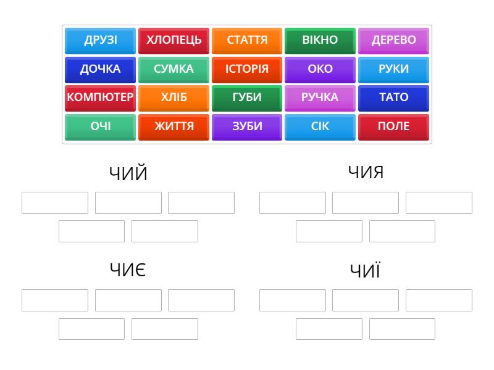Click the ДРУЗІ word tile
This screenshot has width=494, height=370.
point(100,41)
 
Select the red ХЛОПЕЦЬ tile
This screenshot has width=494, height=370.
point(174,41)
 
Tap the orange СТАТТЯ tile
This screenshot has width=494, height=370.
point(247,41)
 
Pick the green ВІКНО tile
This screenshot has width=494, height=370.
point(320,41)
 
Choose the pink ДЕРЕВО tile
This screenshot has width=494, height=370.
point(393,41)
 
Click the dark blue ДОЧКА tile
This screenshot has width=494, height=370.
point(100,70)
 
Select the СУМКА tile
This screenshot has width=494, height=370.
point(174,70)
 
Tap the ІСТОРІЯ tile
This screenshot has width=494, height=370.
point(247,70)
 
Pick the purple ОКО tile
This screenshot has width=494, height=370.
point(320,70)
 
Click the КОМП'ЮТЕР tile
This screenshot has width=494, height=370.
point(100,98)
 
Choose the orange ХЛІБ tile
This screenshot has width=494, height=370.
point(174,98)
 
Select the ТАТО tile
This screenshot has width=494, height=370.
point(393,98)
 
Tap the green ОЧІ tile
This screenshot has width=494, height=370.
point(100,127)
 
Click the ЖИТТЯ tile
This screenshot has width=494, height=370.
point(174,127)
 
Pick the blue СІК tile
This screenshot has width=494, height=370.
point(320,127)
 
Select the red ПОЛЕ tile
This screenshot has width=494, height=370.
point(393,127)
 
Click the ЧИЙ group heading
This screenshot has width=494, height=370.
point(128,173)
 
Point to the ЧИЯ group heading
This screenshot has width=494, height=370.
point(366,173)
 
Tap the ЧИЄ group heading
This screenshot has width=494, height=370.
point(128,270)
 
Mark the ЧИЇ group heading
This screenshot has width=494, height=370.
point(366,270)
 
